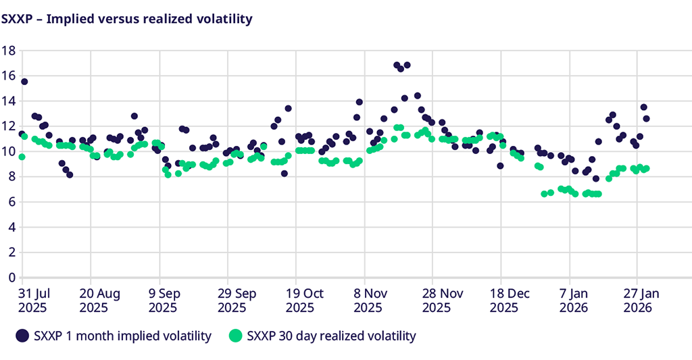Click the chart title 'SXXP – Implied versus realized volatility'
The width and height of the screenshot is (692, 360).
127,19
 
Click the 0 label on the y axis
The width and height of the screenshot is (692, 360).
10,278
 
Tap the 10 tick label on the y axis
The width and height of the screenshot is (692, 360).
8,151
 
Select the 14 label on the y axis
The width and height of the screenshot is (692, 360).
8,101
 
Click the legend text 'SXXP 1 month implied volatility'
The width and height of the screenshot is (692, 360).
122,336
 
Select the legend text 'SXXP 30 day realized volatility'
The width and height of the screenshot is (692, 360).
331,336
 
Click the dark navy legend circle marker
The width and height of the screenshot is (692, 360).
23,336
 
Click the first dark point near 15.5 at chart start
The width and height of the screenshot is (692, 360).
24,82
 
